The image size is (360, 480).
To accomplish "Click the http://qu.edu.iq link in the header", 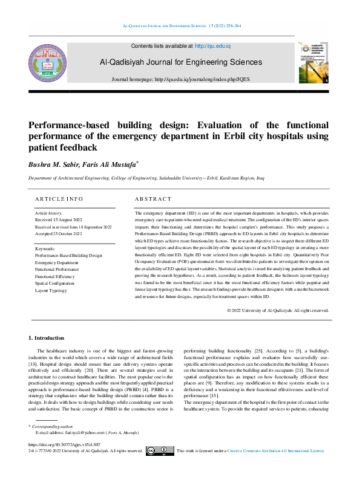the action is [213, 46].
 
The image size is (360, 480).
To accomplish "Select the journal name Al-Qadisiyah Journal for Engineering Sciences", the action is [181, 62].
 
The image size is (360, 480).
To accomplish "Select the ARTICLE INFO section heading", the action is [59, 199].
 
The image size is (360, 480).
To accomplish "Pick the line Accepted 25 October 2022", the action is [61, 233].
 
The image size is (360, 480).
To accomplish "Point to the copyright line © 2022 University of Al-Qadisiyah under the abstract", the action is [278, 310].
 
